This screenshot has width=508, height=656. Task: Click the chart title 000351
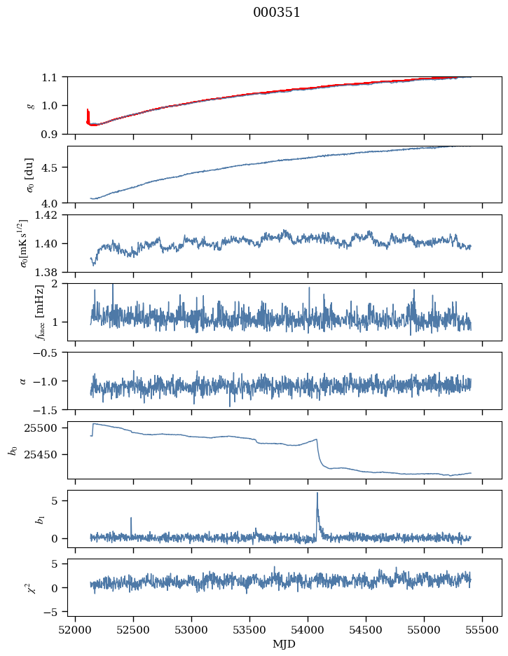(x=277, y=13)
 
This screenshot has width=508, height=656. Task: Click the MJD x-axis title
(x=284, y=643)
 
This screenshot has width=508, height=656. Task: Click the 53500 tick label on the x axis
(x=250, y=630)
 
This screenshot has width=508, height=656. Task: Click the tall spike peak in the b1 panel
(x=317, y=493)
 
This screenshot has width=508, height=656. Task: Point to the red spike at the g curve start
(x=88, y=111)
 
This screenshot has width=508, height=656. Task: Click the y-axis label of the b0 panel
(x=12, y=449)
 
